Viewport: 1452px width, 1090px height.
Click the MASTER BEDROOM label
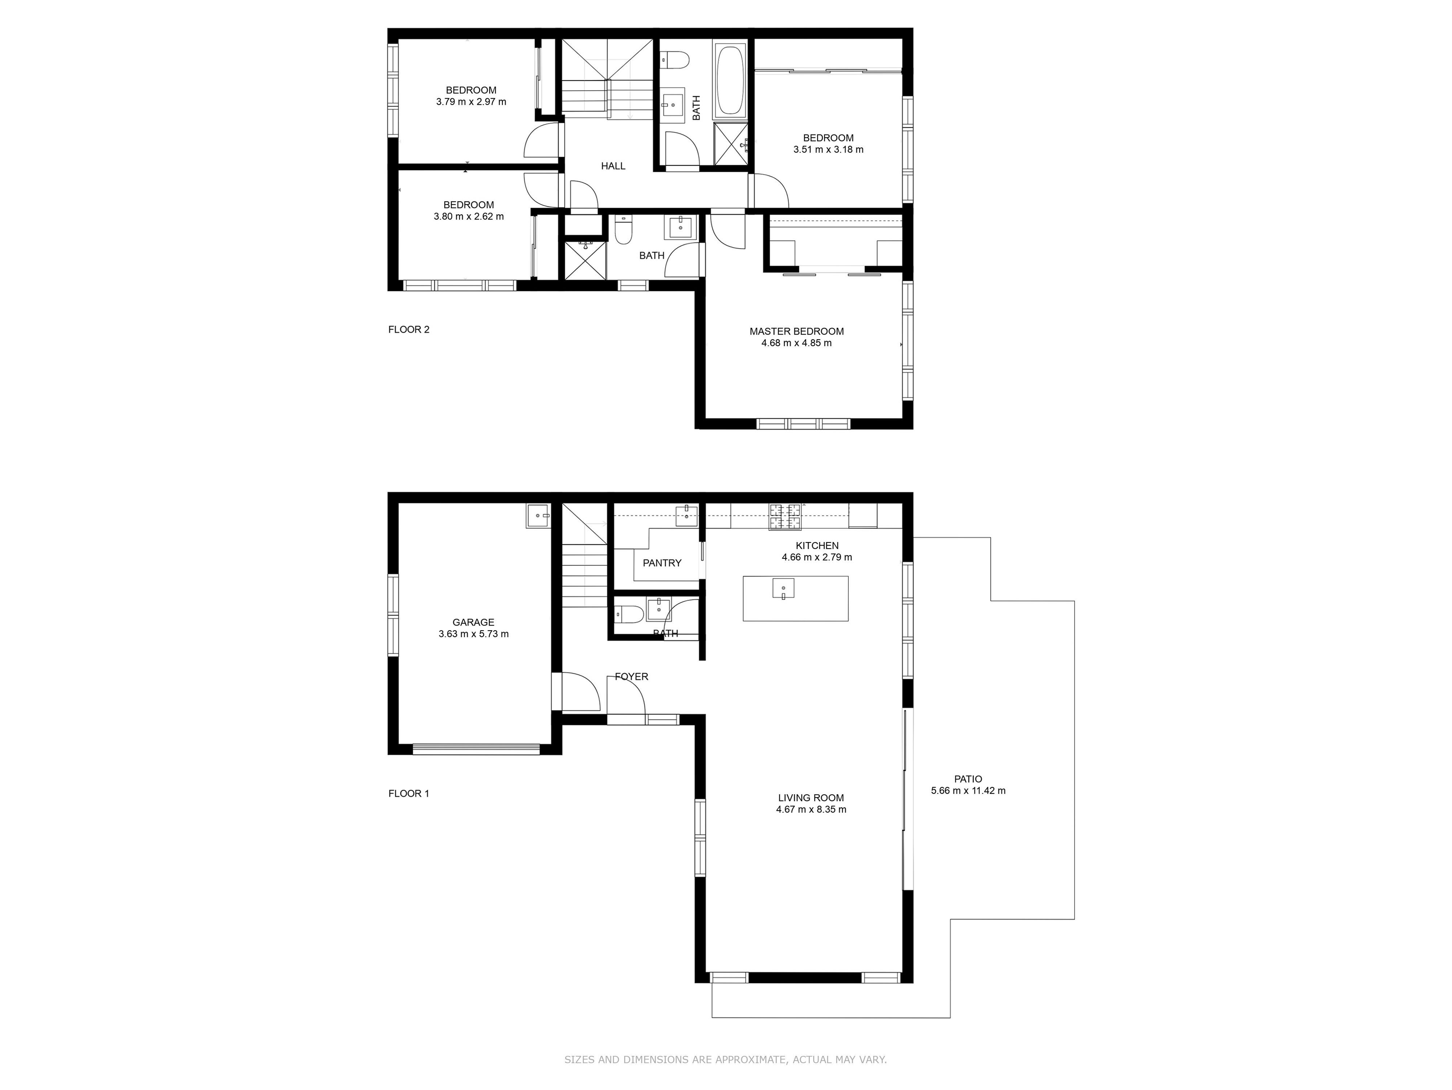[x=796, y=331]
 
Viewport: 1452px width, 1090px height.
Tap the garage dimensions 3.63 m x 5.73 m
[x=473, y=634]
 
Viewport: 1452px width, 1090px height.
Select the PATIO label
[x=968, y=779]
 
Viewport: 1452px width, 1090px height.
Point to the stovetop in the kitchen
[x=786, y=516]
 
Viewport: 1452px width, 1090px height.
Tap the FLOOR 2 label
[x=409, y=329]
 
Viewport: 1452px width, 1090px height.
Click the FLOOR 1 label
[x=409, y=794]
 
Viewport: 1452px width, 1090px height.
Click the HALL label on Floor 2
[x=613, y=166]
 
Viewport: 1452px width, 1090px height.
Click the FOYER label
[x=632, y=677]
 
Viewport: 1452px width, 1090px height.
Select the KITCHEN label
[x=817, y=545]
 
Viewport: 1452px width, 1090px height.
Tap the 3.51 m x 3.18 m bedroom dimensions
[x=828, y=149]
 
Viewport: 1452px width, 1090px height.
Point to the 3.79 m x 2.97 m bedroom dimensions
[x=471, y=102]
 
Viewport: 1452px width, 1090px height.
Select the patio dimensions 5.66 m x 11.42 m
[x=968, y=791]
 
